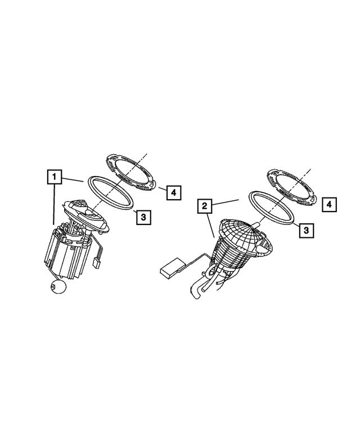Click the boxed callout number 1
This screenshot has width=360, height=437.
(x=53, y=178)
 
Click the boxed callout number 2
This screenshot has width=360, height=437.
(x=205, y=206)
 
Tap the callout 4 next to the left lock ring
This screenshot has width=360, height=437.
(x=173, y=193)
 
